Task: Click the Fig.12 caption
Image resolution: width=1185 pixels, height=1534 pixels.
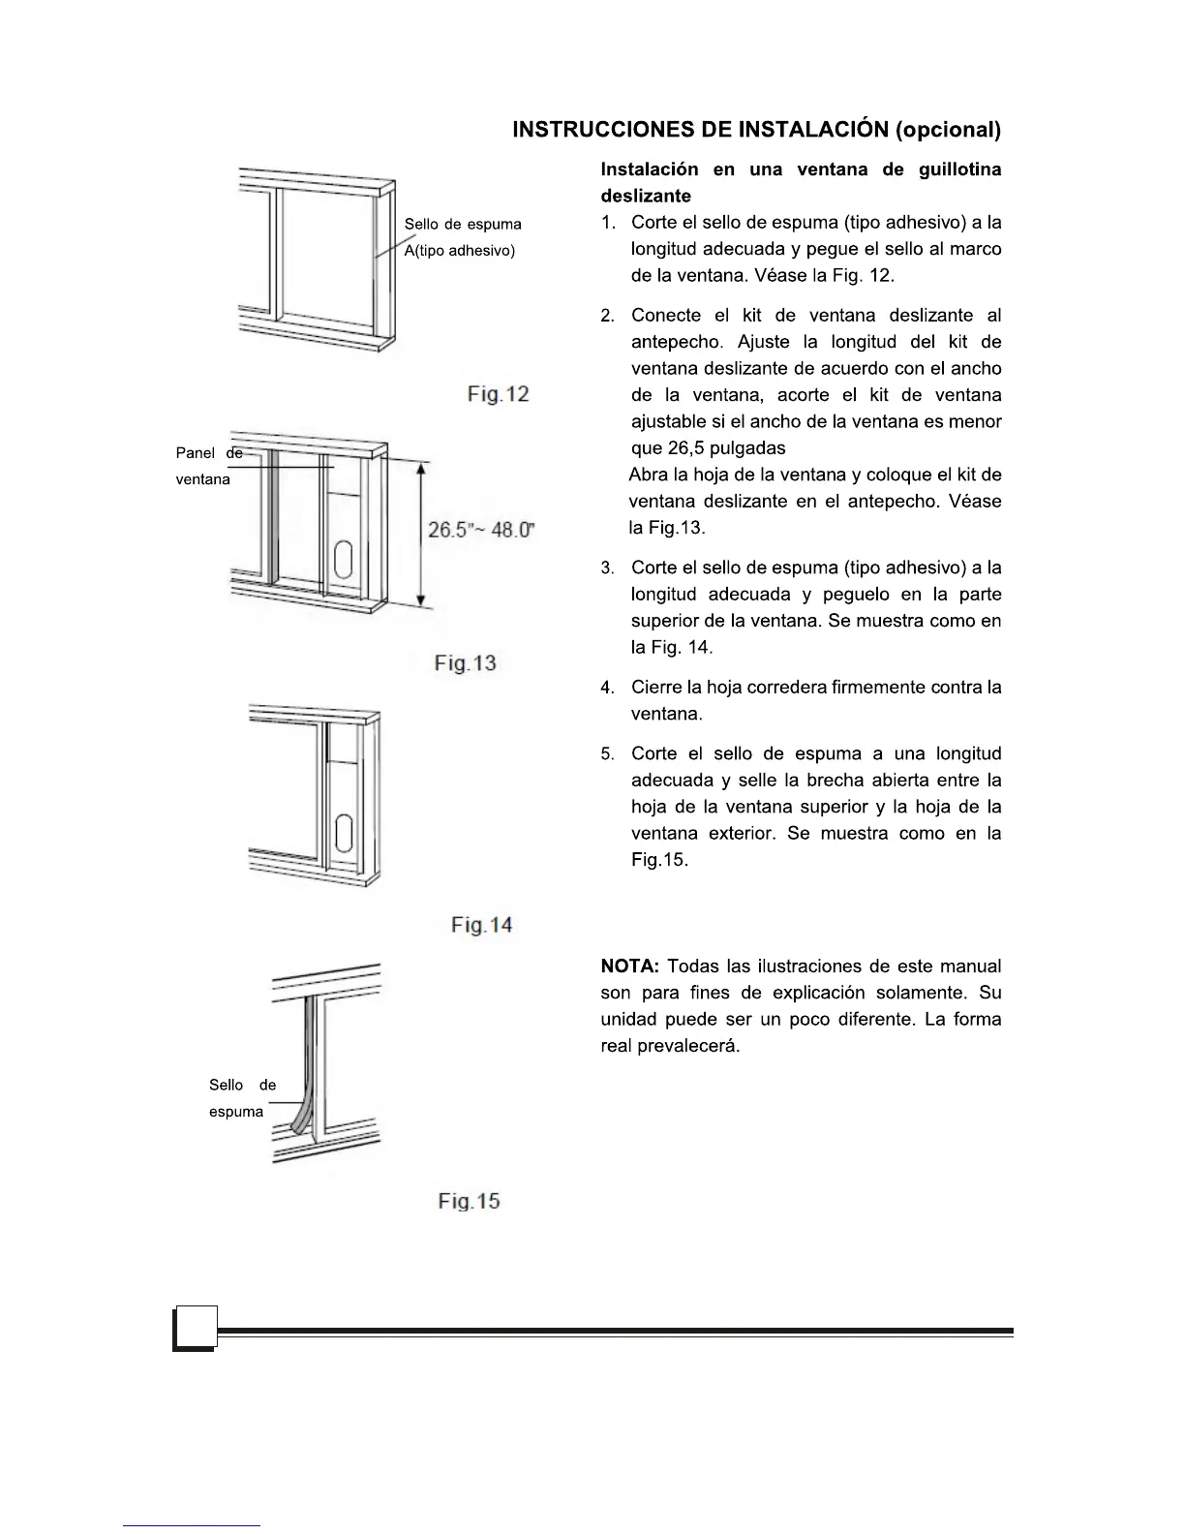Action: coord(498,394)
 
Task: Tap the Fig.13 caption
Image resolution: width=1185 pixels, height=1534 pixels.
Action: coord(465,663)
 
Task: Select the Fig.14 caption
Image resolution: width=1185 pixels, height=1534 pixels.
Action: coord(481,925)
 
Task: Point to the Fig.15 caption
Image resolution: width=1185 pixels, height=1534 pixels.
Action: coord(469,1201)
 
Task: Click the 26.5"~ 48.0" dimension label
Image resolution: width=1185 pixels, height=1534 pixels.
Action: coord(481,531)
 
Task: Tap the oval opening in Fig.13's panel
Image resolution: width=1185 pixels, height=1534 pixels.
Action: coord(343,561)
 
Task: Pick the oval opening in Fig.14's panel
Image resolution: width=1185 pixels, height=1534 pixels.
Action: coord(343,833)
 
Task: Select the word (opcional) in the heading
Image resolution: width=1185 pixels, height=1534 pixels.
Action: coord(948,130)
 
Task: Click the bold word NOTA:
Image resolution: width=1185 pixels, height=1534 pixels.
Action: coord(630,966)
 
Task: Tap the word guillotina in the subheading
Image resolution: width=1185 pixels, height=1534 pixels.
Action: coord(959,169)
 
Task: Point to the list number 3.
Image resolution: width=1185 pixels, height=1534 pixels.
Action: coord(607,568)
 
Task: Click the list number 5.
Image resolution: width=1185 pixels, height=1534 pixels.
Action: coord(607,753)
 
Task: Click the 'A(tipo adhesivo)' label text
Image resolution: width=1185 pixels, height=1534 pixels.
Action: coord(460,251)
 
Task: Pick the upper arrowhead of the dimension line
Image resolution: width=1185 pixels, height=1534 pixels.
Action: coord(421,470)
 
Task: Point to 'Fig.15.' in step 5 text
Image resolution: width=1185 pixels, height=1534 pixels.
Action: coord(659,860)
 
